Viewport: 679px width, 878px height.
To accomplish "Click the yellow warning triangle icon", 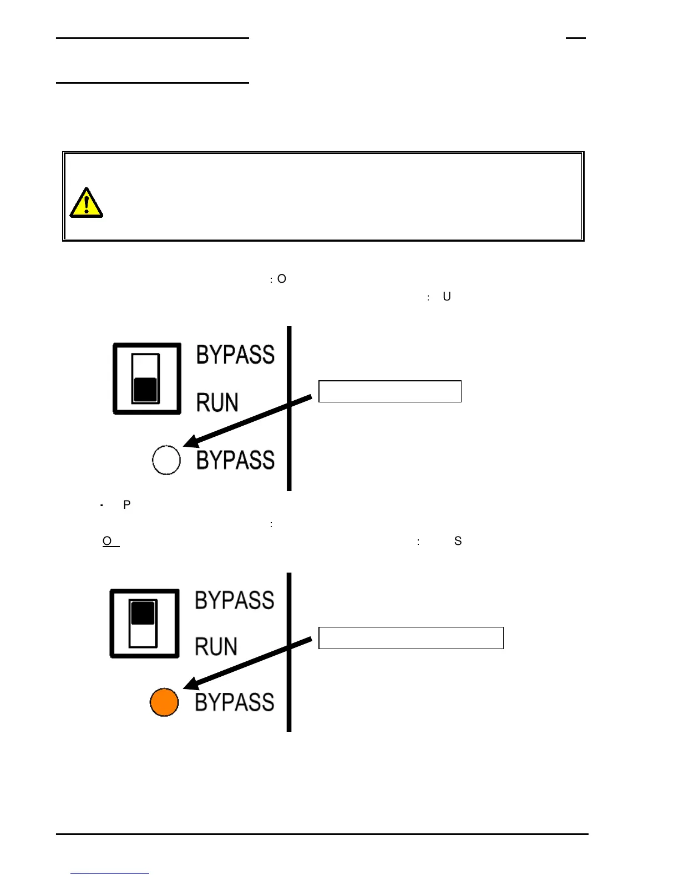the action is point(86,203).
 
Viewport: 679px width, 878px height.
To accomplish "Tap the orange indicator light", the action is point(164,702).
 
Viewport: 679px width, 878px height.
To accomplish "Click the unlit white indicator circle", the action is point(166,460).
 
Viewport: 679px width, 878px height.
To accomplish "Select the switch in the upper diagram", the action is point(147,379).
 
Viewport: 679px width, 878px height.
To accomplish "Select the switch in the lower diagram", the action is point(144,624).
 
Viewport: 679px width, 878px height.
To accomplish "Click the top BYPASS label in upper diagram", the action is point(235,355).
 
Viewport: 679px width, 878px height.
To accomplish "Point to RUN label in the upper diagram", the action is point(217,403).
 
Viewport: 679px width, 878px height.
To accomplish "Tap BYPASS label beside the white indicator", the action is point(235,460).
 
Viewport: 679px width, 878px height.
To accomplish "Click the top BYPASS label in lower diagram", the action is point(234,600).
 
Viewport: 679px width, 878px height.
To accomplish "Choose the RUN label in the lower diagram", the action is point(216,647).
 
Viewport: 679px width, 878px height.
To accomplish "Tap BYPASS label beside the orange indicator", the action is point(234,702).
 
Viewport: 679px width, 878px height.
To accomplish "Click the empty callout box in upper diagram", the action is point(389,391).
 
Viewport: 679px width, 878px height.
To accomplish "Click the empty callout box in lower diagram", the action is point(411,638).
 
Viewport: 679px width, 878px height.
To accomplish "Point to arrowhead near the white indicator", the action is point(192,441).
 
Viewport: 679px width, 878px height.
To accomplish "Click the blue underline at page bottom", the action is point(110,873).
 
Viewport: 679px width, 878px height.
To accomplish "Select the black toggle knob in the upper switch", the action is point(145,389).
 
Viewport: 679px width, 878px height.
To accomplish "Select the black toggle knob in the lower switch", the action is point(143,612).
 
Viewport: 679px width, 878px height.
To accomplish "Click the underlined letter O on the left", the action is point(108,541).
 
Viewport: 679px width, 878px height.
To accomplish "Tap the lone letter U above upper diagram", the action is point(447,297).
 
